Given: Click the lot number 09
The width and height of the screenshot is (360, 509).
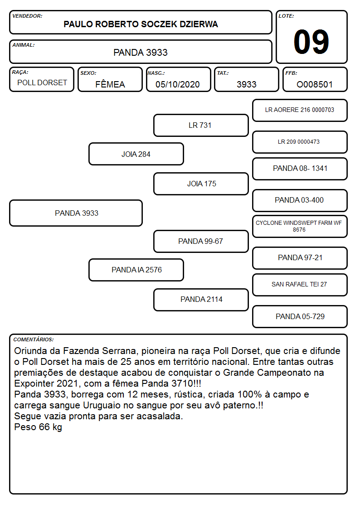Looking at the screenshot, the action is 311,42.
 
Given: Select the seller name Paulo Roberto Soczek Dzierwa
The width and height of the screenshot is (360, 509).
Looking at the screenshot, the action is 141,24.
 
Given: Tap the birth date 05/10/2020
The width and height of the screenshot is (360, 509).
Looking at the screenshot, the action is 178,84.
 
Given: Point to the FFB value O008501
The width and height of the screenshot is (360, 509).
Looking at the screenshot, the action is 315,84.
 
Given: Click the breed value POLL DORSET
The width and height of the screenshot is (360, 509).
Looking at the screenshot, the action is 42,83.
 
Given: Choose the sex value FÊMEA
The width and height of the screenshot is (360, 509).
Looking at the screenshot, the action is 110,84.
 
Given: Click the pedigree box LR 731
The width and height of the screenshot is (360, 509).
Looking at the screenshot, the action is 201,125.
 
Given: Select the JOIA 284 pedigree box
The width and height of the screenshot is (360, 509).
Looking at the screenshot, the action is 136,154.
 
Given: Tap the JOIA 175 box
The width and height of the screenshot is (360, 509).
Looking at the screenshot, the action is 201,184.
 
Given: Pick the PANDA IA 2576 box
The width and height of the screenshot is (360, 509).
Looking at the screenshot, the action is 136,270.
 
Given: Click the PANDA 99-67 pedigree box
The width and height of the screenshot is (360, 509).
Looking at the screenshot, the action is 201,241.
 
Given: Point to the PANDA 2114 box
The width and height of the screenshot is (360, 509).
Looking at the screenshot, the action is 201,300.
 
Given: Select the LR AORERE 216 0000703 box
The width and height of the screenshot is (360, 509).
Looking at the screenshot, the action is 300,111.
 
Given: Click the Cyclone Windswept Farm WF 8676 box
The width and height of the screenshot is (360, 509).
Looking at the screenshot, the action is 300,226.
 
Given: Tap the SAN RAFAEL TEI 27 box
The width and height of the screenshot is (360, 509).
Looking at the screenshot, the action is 300,285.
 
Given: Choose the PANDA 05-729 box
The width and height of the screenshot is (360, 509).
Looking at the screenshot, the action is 300,316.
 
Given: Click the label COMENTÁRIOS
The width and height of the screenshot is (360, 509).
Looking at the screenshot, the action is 34,339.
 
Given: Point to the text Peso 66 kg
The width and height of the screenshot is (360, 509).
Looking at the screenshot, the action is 38,427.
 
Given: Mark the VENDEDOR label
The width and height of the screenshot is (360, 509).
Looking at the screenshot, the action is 27,16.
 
